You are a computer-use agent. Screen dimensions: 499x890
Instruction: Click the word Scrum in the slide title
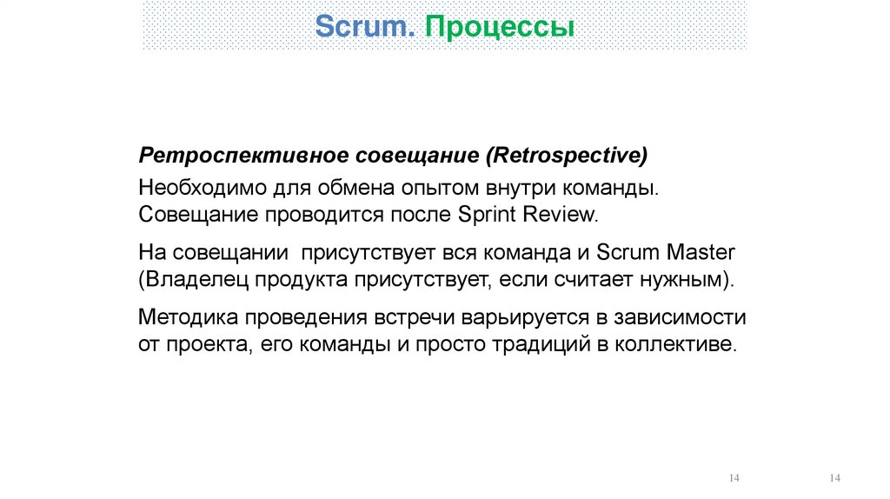click(x=364, y=26)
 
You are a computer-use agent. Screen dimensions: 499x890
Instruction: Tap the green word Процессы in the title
click(x=499, y=27)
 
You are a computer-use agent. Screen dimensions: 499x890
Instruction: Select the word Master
click(x=701, y=254)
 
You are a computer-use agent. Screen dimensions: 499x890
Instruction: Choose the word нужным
click(x=685, y=280)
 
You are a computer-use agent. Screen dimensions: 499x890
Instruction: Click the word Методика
click(x=185, y=317)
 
